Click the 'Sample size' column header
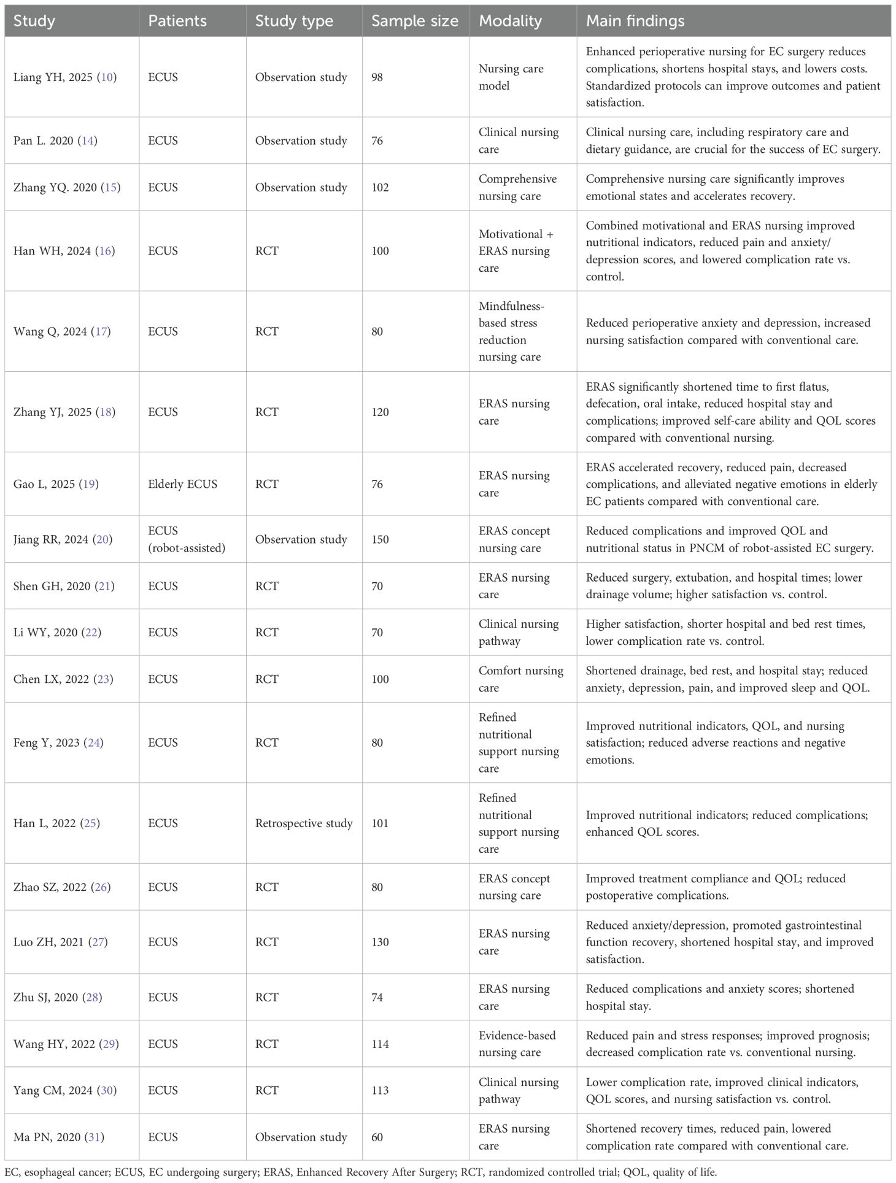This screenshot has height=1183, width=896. (415, 21)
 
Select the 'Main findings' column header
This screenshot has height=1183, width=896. (635, 21)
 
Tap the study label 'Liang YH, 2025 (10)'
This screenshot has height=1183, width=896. (65, 77)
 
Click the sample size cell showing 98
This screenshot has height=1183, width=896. (377, 77)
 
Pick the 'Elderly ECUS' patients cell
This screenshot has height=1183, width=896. (182, 484)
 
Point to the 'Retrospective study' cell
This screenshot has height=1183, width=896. (304, 823)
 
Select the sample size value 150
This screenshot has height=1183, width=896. (380, 539)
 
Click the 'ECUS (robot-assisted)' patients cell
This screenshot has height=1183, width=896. (186, 539)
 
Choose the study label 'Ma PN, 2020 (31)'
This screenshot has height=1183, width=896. (59, 1137)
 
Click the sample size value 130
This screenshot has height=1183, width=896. (380, 942)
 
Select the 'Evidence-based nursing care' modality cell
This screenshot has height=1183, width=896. (517, 1044)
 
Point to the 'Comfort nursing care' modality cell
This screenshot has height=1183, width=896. (520, 679)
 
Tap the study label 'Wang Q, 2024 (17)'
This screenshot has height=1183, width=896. (62, 331)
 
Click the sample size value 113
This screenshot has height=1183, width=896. (380, 1090)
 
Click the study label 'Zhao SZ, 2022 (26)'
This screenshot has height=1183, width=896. (62, 887)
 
